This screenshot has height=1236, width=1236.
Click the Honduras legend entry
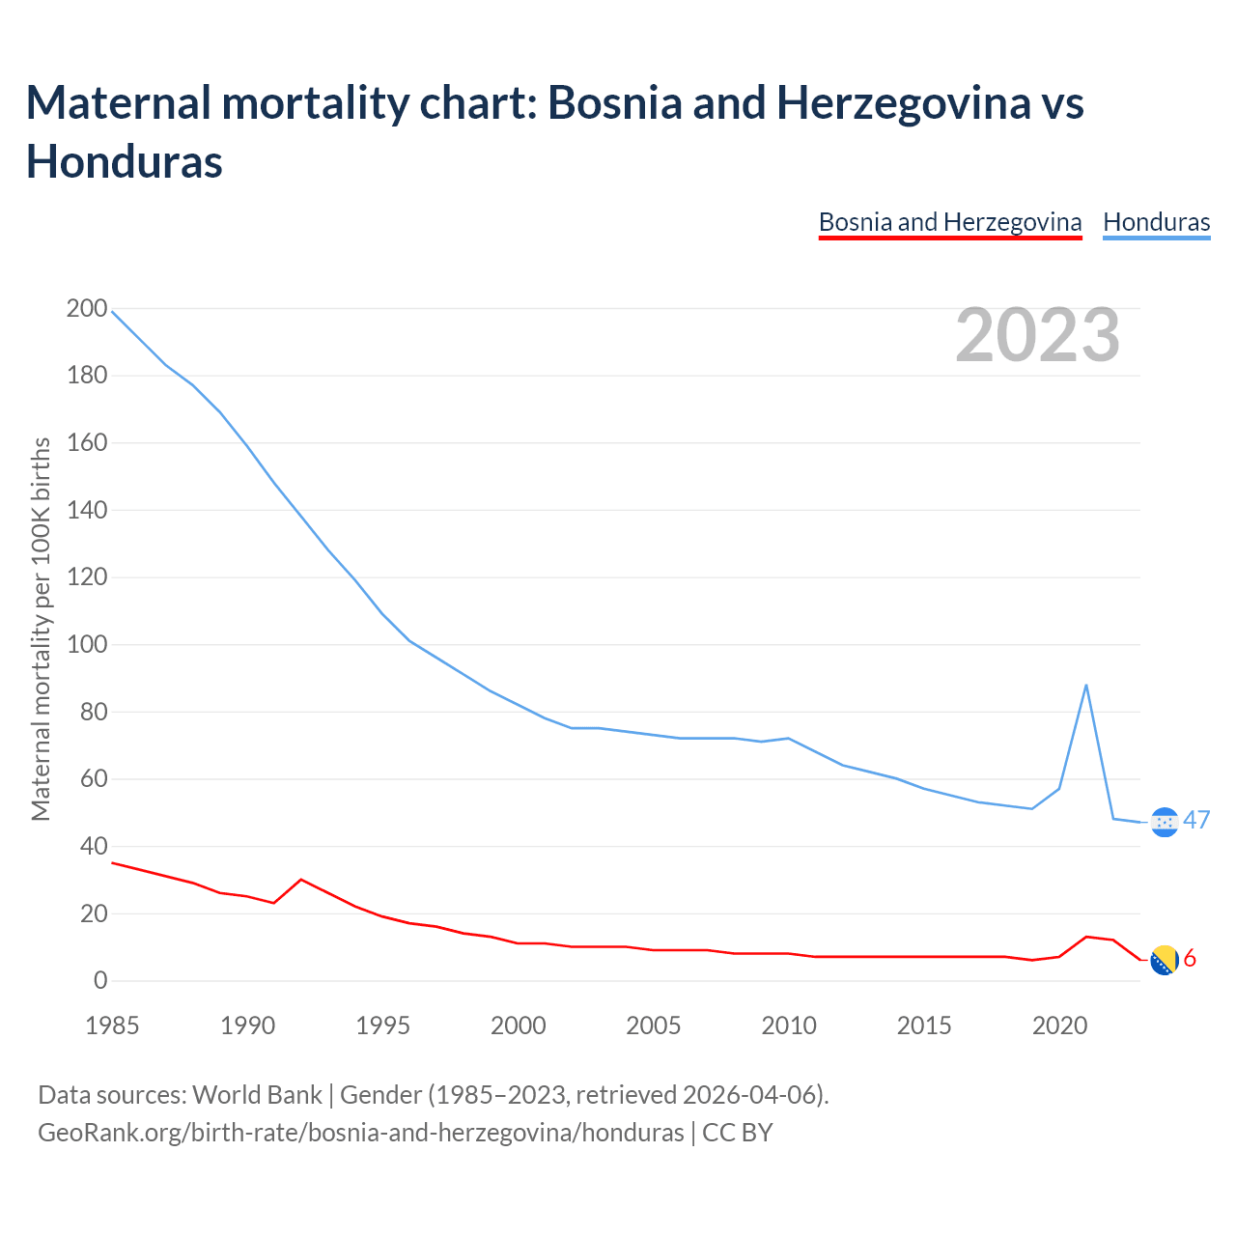(x=1156, y=222)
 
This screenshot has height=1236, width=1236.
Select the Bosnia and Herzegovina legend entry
(x=950, y=222)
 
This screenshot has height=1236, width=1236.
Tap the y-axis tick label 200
(x=87, y=309)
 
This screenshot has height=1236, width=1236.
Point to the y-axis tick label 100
(x=87, y=645)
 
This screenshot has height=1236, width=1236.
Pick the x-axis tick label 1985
(x=112, y=1025)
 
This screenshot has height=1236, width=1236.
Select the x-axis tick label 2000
(x=519, y=1025)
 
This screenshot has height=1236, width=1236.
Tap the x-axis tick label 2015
(x=924, y=1025)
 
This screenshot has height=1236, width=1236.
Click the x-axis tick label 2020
(x=1060, y=1025)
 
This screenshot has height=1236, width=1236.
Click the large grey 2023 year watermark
(x=1038, y=335)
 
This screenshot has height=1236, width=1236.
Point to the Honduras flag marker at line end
(x=1166, y=822)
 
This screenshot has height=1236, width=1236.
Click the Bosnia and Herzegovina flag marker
(x=1166, y=960)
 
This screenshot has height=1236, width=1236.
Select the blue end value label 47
(x=1196, y=821)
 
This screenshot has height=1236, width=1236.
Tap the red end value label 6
(x=1190, y=959)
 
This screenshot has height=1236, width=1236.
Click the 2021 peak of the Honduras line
(x=1086, y=686)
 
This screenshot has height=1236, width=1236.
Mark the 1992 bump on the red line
(x=301, y=880)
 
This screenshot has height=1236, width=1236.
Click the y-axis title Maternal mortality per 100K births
(x=41, y=629)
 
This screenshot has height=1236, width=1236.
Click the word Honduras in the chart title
(x=125, y=161)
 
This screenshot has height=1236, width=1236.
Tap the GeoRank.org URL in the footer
(x=360, y=1132)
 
